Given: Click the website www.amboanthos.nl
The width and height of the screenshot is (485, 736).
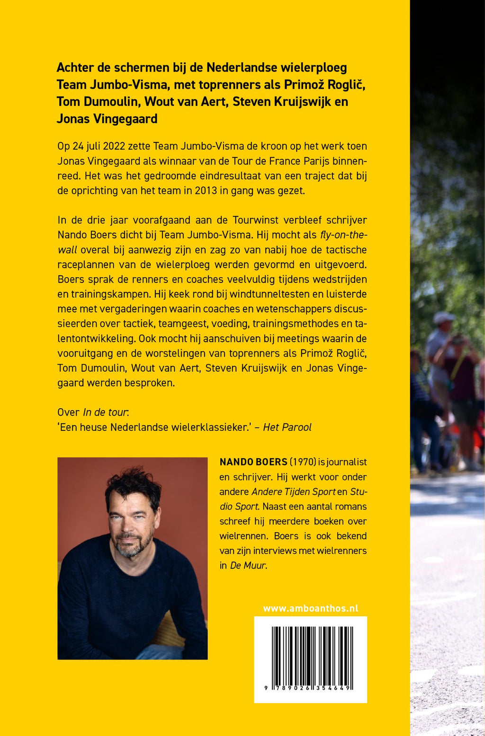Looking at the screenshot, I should click(310, 608).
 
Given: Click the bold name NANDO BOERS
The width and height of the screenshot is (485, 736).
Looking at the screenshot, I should click(253, 462).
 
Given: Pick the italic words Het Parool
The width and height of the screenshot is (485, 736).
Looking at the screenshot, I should click(287, 427).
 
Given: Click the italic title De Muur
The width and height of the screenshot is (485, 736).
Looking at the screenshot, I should click(248, 565).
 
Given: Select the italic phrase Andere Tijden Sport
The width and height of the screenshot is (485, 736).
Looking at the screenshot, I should click(294, 491).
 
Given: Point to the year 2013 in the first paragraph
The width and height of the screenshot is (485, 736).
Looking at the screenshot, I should click(206, 191).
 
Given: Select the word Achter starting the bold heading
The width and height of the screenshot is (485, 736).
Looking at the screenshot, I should click(75, 68).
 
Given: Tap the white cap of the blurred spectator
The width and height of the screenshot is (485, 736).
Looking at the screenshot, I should click(444, 317).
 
